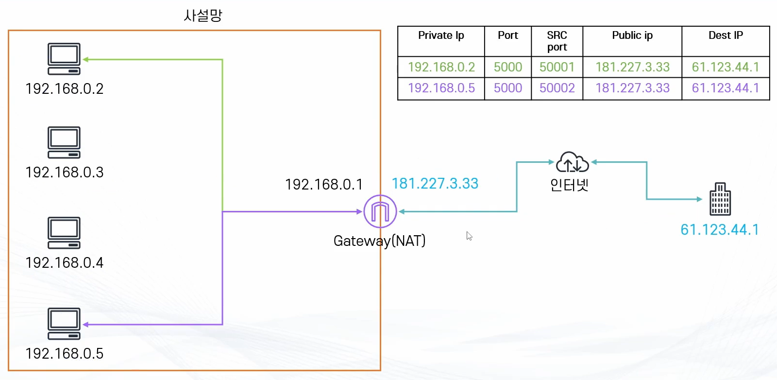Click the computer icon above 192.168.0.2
[x=64, y=59]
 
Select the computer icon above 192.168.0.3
[x=64, y=142]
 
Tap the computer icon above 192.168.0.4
[x=64, y=233]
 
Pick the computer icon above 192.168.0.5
[x=64, y=324]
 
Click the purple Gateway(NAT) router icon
[x=380, y=211]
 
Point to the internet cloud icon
[x=572, y=162]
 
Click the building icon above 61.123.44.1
[x=720, y=199]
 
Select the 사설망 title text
[x=203, y=16]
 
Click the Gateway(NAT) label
[x=379, y=241]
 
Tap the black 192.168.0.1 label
[x=324, y=185]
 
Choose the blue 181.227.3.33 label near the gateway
[x=435, y=184]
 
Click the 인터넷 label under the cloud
[x=569, y=185]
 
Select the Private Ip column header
[x=441, y=35]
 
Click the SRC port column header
[x=557, y=41]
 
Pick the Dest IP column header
[x=726, y=35]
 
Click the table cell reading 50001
[x=557, y=67]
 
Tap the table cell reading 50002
[x=557, y=88]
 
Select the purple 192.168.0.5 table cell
[x=441, y=88]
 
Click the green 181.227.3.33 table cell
[x=632, y=67]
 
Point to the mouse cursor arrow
[x=469, y=236]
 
